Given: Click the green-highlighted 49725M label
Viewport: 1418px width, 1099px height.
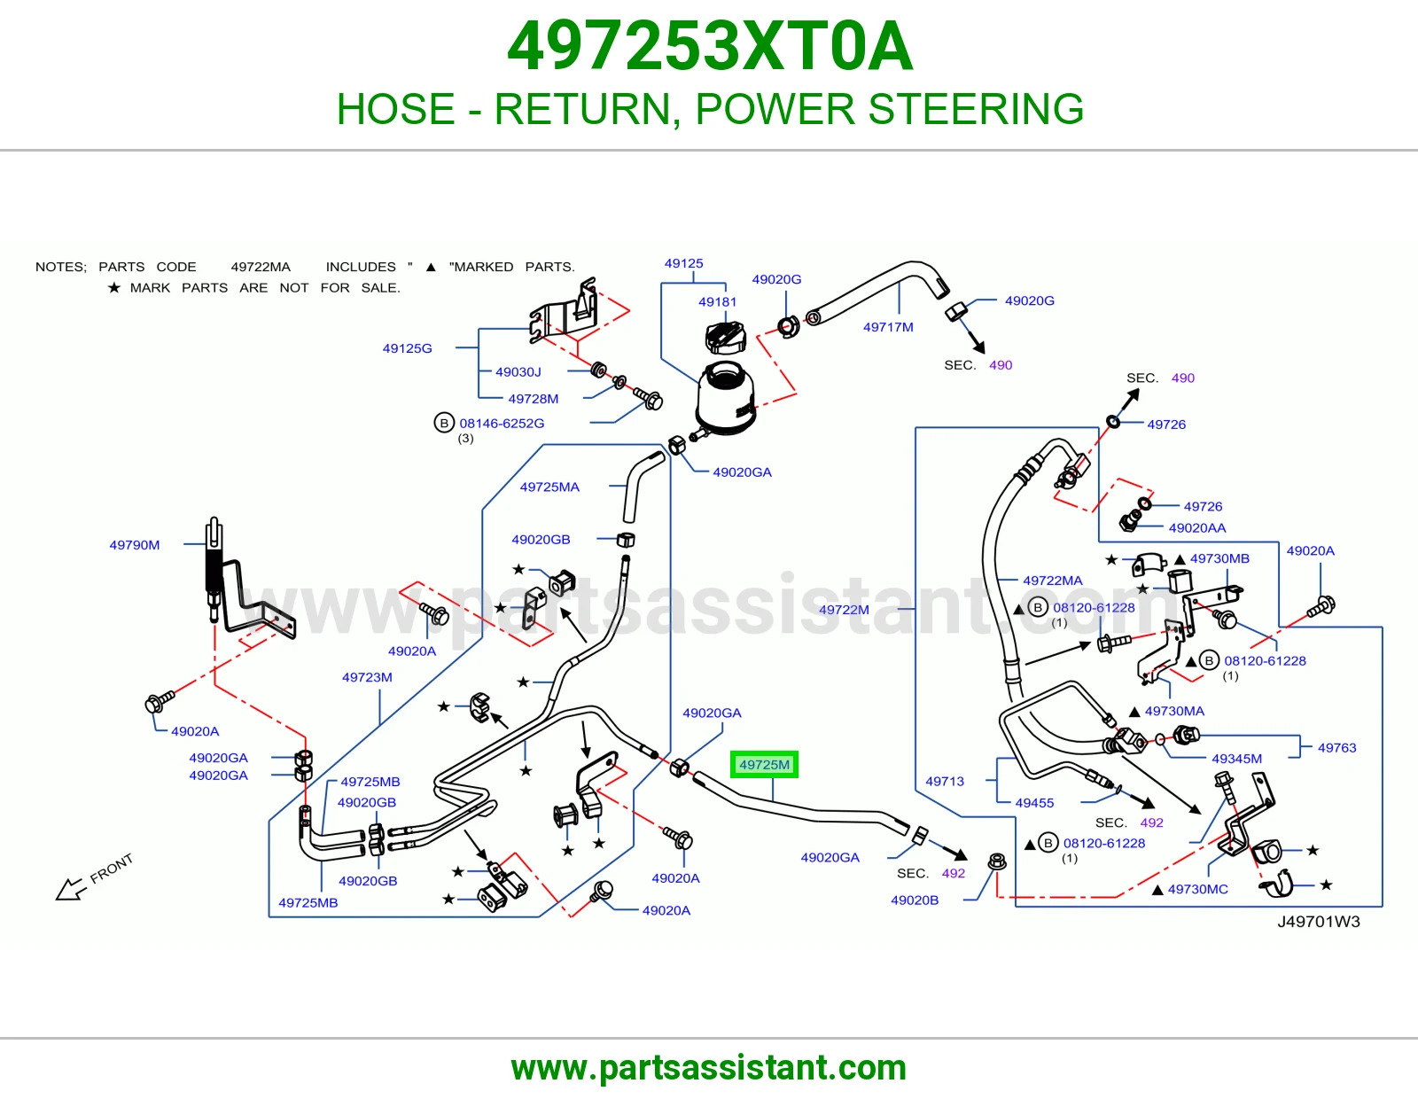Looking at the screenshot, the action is coord(763,764).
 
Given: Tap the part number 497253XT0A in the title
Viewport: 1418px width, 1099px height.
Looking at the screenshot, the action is coord(710,46).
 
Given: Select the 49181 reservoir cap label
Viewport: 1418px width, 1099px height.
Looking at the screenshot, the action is coord(717,302).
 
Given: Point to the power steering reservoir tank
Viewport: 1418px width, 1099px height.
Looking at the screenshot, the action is coord(725,397).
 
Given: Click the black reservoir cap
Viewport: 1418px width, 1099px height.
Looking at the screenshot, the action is coord(725,337).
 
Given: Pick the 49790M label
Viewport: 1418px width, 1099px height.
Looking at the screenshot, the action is coord(135,545).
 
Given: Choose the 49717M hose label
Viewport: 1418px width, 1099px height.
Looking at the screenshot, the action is coord(888,327).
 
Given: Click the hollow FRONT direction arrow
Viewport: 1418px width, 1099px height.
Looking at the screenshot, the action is coord(71,889).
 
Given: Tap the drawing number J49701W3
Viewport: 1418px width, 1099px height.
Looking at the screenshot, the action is coord(1318,922).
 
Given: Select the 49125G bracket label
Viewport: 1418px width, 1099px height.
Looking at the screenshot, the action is coord(407,348).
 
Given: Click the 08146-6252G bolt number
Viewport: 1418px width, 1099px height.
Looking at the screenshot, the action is coord(501,424).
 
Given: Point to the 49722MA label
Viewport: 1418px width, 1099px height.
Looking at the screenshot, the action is coord(1053,581).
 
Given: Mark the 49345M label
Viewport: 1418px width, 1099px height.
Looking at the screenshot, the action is coord(1236,759).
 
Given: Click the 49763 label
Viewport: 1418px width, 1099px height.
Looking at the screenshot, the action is coord(1336,748).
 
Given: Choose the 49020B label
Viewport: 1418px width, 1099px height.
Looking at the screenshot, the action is coord(915,900).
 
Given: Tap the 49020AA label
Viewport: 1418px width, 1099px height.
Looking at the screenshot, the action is coord(1196,528).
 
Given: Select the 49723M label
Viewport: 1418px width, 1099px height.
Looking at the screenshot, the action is coord(367,677).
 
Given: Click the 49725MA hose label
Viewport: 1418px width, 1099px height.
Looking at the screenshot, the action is coord(549,487).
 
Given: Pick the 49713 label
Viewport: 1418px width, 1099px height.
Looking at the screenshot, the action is coord(944,781).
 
